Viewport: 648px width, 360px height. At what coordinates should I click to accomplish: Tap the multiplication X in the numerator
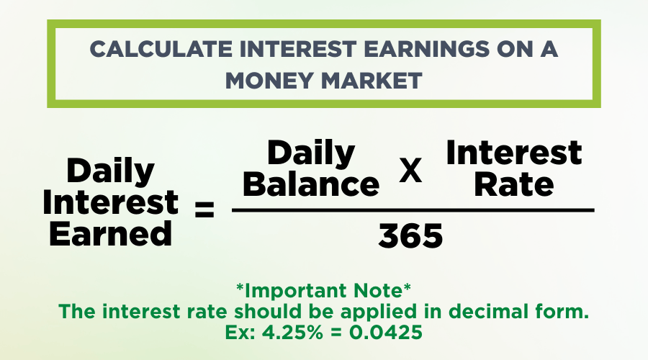coord(410,173)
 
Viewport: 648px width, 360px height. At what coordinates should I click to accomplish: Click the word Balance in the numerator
coord(311,184)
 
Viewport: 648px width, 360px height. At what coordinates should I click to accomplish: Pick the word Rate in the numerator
coord(514,184)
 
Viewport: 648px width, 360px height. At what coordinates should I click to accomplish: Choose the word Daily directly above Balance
coord(311,153)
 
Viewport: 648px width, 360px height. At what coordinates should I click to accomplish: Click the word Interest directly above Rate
coord(514,153)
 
